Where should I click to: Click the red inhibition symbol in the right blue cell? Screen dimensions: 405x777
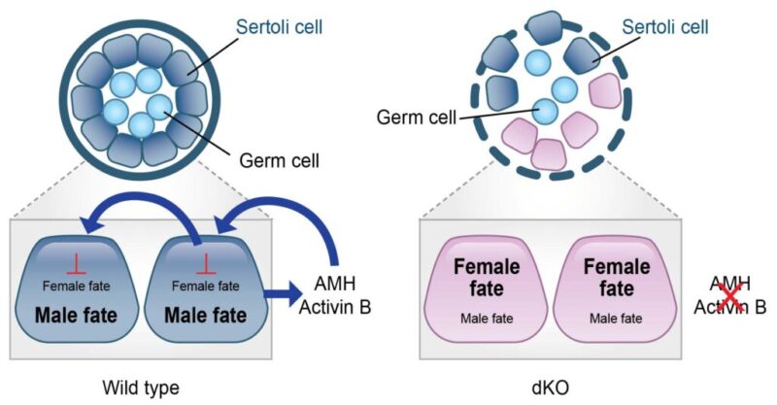coord(204,263)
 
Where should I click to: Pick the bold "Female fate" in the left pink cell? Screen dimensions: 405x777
coord(481,278)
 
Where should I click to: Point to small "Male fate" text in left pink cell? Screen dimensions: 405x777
coord(481,317)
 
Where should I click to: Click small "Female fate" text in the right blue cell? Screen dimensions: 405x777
coord(204,286)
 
